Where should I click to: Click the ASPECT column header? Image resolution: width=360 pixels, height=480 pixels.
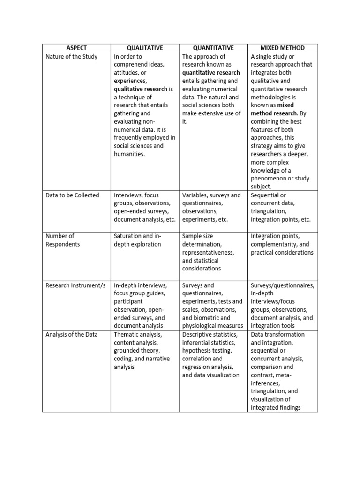[76, 48]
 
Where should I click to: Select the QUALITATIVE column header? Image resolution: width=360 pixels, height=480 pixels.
[145, 48]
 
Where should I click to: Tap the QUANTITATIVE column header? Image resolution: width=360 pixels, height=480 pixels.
[214, 48]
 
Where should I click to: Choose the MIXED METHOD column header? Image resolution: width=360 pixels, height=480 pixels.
[283, 48]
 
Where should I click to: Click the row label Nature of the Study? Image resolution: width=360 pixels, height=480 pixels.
[72, 56]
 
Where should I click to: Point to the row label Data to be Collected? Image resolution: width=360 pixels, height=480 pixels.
[72, 195]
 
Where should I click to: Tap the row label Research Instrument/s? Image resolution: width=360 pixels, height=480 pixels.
[75, 285]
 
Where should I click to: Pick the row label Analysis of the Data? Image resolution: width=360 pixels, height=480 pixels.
[69, 334]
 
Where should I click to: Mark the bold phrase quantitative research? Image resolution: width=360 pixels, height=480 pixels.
[211, 73]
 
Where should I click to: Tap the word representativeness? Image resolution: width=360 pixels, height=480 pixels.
[208, 252]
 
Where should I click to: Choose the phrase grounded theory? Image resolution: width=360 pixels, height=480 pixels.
[137, 351]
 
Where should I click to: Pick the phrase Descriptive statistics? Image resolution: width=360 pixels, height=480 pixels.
[210, 334]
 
